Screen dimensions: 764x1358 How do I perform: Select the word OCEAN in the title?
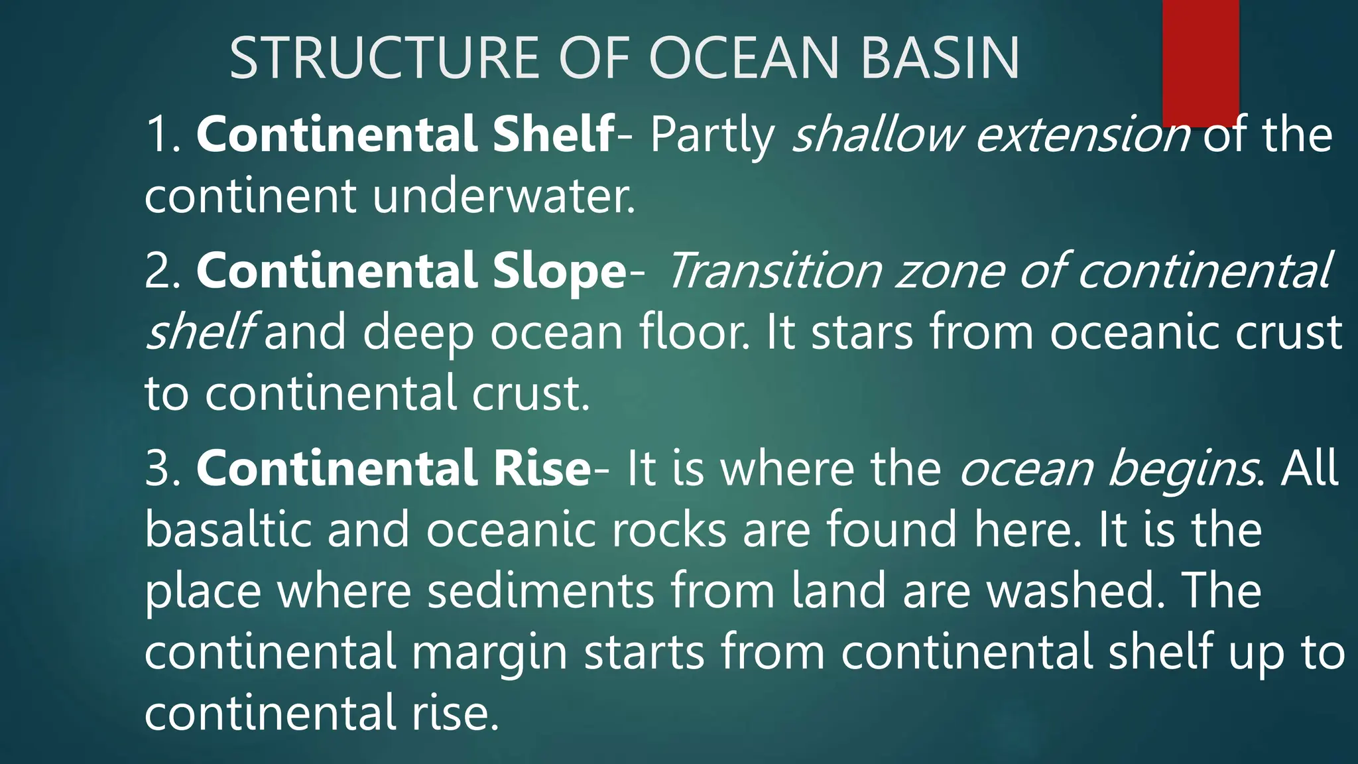[749, 58]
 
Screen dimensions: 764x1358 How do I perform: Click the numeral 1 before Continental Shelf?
[158, 135]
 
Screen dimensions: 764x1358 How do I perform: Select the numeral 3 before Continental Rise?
[159, 468]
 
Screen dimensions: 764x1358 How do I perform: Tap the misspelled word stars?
[862, 332]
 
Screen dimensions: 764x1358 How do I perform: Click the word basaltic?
[228, 529]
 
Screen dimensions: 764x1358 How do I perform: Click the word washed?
[1074, 590]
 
